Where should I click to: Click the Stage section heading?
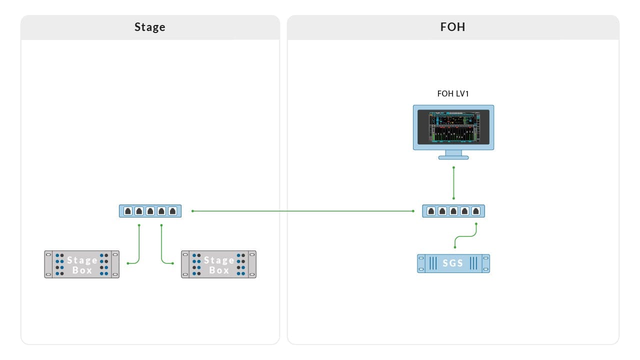pyautogui.click(x=149, y=27)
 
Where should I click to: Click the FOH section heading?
pyautogui.click(x=452, y=27)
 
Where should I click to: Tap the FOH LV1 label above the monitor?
pyautogui.click(x=453, y=93)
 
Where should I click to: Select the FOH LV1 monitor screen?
pyautogui.click(x=453, y=127)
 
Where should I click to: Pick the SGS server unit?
pyautogui.click(x=453, y=263)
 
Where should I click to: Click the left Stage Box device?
pyautogui.click(x=81, y=264)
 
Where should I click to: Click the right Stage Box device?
pyautogui.click(x=218, y=264)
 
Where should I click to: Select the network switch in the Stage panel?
pyautogui.click(x=150, y=211)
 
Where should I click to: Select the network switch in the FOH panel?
pyautogui.click(x=453, y=211)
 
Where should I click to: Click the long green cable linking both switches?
pyautogui.click(x=302, y=211)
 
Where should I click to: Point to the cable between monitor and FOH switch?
pyautogui.click(x=453, y=182)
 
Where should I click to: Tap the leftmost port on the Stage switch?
pyautogui.click(x=128, y=211)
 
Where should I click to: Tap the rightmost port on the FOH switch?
pyautogui.click(x=476, y=211)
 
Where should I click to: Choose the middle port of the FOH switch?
pyautogui.click(x=453, y=211)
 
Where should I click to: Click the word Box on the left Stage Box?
pyautogui.click(x=82, y=270)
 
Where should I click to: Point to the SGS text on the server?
pyautogui.click(x=452, y=263)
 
